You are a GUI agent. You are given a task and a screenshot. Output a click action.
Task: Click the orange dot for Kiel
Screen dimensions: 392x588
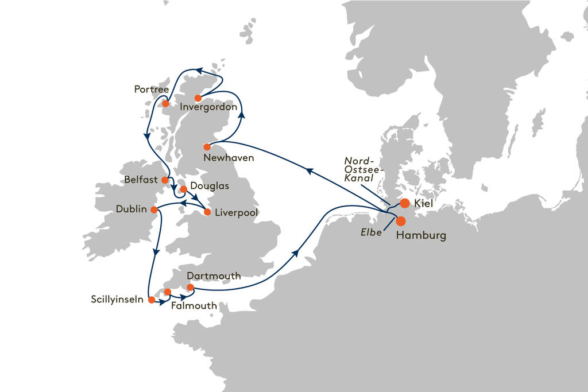click(x=405, y=203)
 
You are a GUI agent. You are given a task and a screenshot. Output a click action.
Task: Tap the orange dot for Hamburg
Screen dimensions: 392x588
click(x=401, y=221)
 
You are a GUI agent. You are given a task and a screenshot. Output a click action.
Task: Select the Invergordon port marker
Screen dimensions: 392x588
click(x=198, y=98)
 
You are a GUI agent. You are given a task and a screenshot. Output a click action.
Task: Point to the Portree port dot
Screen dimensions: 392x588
click(x=165, y=103)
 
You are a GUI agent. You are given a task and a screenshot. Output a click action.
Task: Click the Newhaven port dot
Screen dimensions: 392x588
click(x=207, y=146)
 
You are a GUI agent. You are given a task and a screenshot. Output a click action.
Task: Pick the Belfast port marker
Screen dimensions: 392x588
click(x=165, y=180)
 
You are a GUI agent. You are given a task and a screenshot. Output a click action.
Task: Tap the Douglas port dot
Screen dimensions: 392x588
click(x=183, y=188)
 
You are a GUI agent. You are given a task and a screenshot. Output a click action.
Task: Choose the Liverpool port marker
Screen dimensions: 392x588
click(x=207, y=212)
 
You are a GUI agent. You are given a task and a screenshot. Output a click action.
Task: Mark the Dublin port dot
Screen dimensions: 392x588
click(x=154, y=210)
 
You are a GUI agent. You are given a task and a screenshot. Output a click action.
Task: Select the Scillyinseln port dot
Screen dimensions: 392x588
click(x=151, y=300)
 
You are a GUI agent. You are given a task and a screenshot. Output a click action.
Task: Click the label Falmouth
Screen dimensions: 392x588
click(x=194, y=306)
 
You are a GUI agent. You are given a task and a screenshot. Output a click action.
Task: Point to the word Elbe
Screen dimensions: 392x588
click(x=372, y=234)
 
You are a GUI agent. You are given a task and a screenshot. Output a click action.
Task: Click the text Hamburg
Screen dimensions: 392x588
click(x=421, y=236)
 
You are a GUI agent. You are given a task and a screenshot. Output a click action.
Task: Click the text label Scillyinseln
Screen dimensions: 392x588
click(x=117, y=300)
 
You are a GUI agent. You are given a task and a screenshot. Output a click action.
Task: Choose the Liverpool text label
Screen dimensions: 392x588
click(x=236, y=213)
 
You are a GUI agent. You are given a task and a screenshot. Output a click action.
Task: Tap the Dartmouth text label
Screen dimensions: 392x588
click(x=213, y=276)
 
